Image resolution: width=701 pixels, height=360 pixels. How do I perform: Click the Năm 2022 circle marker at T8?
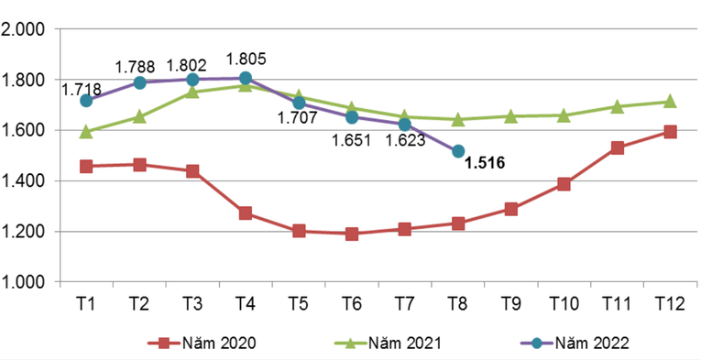pos(458,151)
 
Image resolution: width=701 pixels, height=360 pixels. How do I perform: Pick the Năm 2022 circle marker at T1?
pos(86,101)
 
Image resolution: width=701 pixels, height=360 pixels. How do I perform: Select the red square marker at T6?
pos(352,234)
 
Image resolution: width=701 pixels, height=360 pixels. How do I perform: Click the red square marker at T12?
pos(670,132)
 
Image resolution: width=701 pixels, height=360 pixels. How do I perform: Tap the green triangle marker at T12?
pos(670,102)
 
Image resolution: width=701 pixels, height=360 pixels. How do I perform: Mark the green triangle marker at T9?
pos(511,116)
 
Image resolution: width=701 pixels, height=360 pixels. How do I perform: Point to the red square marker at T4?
pos(246,213)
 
